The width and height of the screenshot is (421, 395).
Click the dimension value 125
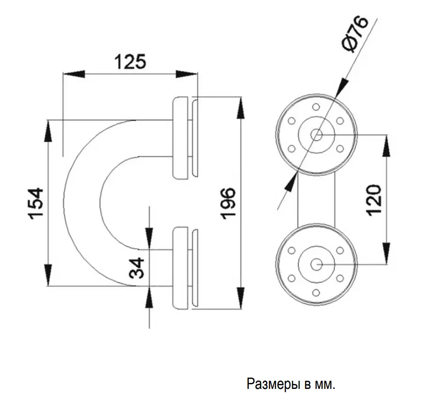pyautogui.click(x=131, y=61)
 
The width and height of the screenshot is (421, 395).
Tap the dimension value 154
pyautogui.click(x=36, y=204)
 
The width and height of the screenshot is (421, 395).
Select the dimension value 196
pyautogui.click(x=228, y=203)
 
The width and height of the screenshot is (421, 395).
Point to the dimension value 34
pyautogui.click(x=137, y=268)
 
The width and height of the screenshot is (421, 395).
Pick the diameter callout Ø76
pyautogui.click(x=356, y=34)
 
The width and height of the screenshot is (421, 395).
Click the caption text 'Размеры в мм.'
pyautogui.click(x=291, y=384)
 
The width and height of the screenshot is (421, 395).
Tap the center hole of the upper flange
pyautogui.click(x=317, y=134)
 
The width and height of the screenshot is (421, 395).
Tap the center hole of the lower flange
pyautogui.click(x=317, y=265)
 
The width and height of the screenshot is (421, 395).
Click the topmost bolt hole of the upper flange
pyautogui.click(x=316, y=107)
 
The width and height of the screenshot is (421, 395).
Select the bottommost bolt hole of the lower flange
pyautogui.click(x=316, y=292)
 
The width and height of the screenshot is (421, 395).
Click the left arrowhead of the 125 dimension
pyautogui.click(x=73, y=74)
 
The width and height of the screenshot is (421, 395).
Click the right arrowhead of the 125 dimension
pyautogui.click(x=186, y=74)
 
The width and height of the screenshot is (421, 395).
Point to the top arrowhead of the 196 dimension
pyautogui.click(x=240, y=108)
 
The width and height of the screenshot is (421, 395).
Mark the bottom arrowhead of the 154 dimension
pyautogui.click(x=48, y=275)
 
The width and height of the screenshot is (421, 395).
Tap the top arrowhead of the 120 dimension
pyautogui.click(x=386, y=146)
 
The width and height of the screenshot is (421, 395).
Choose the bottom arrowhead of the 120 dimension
pyautogui.click(x=386, y=253)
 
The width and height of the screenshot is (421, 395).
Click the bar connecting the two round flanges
pyautogui.click(x=317, y=200)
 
